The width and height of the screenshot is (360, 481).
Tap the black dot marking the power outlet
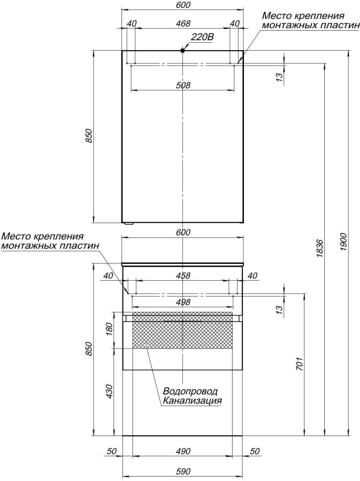tap(183, 50)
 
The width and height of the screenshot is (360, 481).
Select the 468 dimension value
tap(183, 23)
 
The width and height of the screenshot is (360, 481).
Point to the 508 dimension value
tap(183, 85)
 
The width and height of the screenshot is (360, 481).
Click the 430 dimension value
tap(110, 392)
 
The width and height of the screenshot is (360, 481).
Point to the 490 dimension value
tap(183, 451)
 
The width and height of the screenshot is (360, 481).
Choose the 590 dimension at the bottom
tap(183, 472)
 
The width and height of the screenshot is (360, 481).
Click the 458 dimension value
tap(183, 276)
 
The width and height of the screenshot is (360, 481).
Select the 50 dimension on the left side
tap(112, 451)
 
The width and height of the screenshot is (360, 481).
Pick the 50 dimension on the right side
tap(255, 451)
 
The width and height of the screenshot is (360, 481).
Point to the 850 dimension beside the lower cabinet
tap(89, 349)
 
